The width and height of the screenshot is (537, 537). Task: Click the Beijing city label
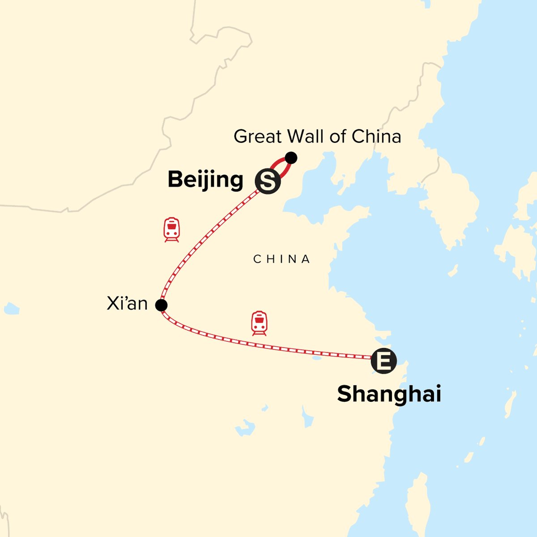(205, 180)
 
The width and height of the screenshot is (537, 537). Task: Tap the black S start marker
(268, 181)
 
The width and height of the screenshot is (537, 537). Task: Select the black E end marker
(384, 360)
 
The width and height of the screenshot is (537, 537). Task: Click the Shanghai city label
(389, 394)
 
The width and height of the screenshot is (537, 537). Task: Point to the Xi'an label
(127, 303)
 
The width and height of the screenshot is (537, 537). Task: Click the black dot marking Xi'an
(161, 305)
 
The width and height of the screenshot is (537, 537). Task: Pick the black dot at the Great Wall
(291, 158)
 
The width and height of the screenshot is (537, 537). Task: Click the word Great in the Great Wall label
(257, 136)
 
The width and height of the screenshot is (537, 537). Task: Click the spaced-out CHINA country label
(281, 259)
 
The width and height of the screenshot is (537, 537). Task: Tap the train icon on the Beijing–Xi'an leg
(171, 230)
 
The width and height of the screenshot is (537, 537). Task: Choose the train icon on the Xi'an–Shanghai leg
(259, 323)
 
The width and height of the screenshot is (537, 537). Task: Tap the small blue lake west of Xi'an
(11, 308)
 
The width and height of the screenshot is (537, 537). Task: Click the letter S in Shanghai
(346, 394)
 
